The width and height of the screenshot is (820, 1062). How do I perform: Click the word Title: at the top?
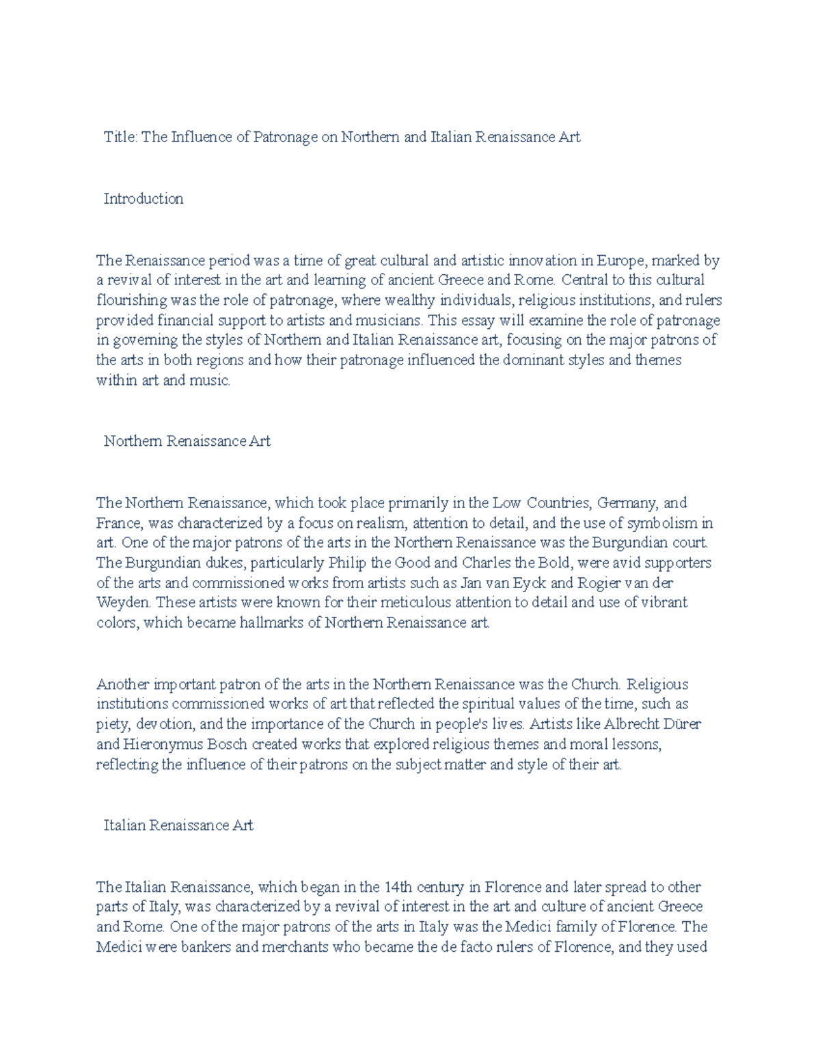pos(121,137)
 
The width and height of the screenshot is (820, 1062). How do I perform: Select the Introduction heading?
pos(143,199)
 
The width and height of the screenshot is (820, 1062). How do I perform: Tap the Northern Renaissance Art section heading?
pos(187,442)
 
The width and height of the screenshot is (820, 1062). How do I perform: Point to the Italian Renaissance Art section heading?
pos(178,826)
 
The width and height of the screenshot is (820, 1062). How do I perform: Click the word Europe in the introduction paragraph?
pos(620,261)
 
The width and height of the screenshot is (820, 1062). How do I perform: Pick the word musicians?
pos(389,321)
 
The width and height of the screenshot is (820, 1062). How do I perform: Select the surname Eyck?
pos(528,583)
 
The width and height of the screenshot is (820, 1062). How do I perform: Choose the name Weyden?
pos(124,603)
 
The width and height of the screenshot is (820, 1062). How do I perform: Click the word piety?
pos(113,724)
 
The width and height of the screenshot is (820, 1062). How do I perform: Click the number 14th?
pos(398,888)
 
